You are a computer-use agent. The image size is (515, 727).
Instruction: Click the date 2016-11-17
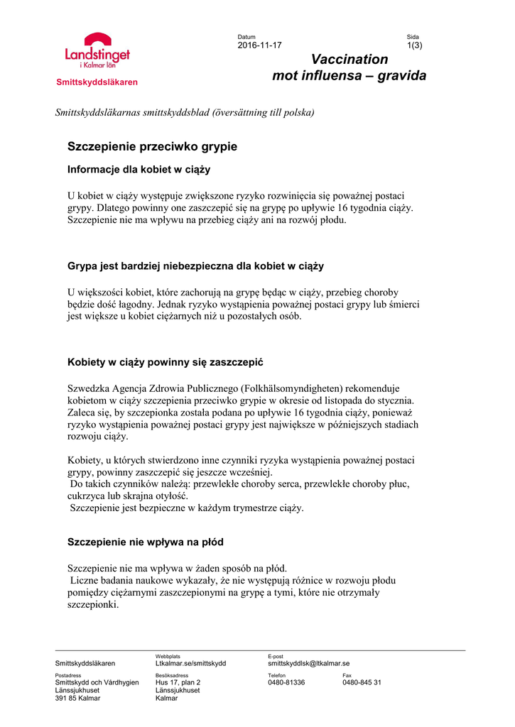coord(259,45)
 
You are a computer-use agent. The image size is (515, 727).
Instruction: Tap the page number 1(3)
coord(414,45)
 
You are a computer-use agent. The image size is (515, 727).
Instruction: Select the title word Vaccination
coord(349,60)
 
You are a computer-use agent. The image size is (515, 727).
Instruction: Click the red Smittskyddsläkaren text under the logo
coord(97,82)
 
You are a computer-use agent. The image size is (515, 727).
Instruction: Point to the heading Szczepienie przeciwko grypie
coord(152,147)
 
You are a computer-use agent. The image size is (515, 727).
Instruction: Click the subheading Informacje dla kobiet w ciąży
coord(139,170)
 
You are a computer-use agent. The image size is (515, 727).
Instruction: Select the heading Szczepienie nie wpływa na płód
coord(145,542)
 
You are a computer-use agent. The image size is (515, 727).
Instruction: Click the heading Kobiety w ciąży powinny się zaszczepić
coord(165,363)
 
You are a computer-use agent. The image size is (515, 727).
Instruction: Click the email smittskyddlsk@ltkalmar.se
coord(308,663)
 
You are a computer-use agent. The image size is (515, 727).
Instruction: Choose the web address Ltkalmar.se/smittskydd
coord(190,663)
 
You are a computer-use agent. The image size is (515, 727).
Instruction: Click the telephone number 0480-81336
coord(286,682)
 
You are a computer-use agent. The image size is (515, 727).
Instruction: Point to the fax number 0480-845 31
coord(362,682)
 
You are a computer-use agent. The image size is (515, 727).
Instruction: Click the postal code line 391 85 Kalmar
coord(78,698)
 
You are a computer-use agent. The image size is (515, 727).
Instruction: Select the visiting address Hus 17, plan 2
coord(178,682)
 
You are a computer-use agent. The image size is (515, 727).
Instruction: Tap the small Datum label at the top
coord(246,37)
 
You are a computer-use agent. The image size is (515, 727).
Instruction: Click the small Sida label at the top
coord(413,37)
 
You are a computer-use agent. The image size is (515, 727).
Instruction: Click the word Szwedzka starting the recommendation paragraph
coord(88,388)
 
